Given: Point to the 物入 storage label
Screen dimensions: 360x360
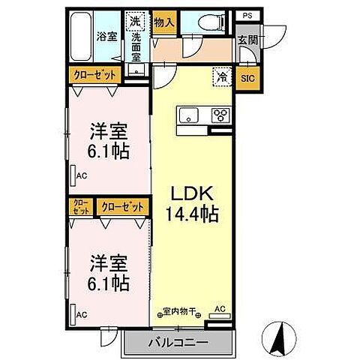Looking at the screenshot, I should click(x=163, y=22).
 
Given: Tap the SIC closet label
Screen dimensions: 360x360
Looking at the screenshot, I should click(x=247, y=76).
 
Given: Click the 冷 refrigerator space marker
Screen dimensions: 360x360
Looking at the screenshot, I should click(x=222, y=75).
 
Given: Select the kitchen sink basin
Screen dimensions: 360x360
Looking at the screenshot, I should click(x=187, y=115).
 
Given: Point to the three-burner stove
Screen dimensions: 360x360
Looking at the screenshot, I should click(x=221, y=115).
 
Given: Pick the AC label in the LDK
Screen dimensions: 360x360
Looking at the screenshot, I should click(x=220, y=308).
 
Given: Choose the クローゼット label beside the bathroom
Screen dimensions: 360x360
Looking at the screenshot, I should click(x=95, y=75).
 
